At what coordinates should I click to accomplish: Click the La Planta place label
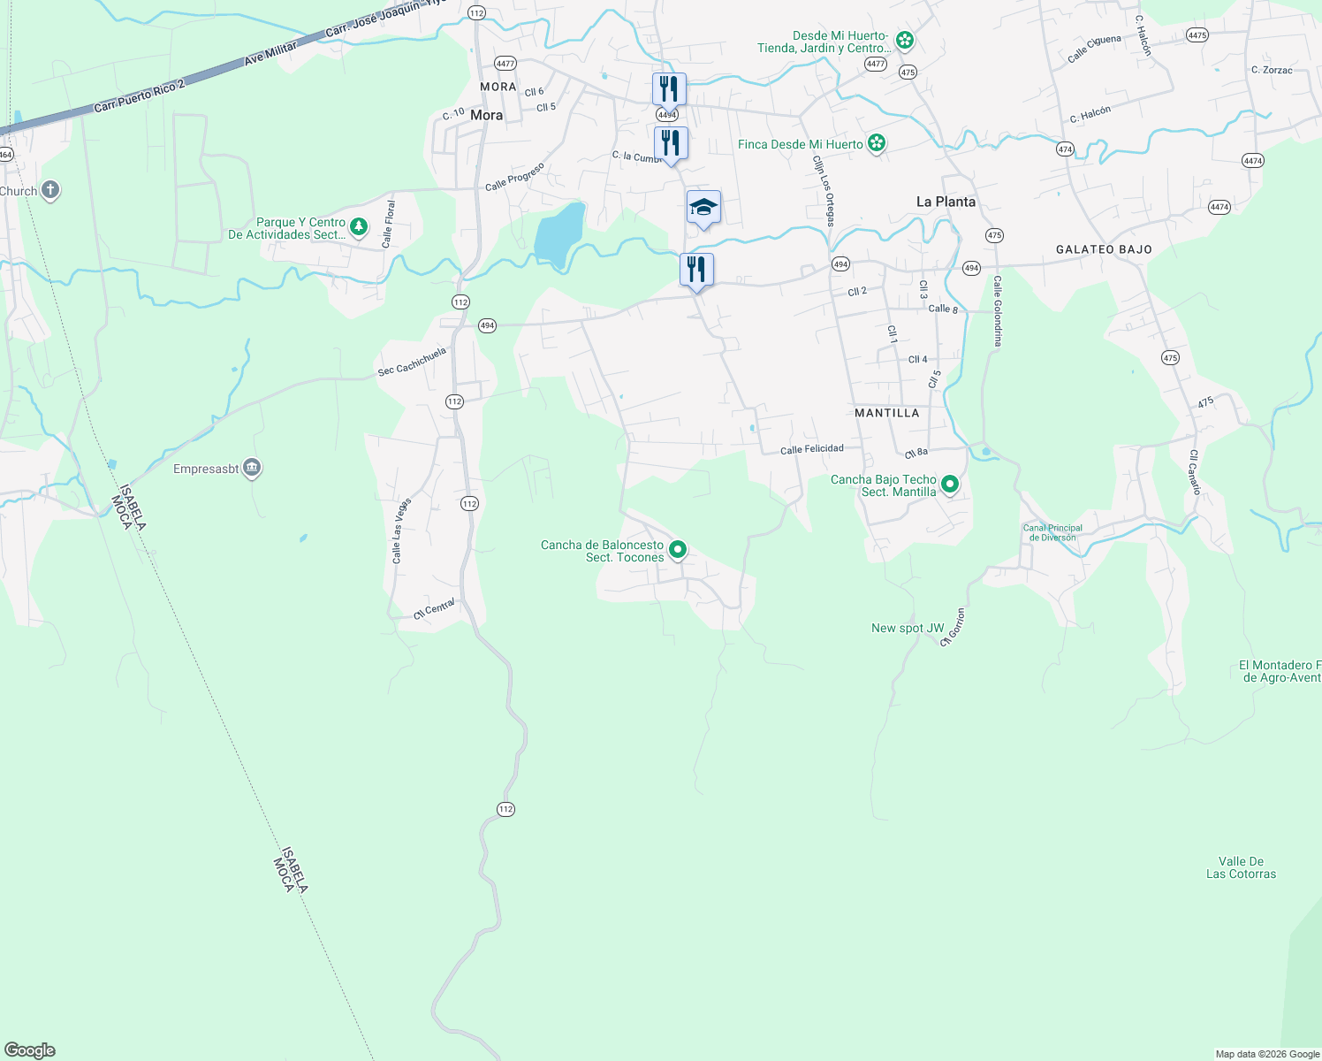pyautogui.click(x=946, y=202)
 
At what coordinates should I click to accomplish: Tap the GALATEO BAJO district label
pyautogui.click(x=1104, y=249)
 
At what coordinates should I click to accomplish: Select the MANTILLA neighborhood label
pyautogui.click(x=887, y=413)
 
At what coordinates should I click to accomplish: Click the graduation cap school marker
pyautogui.click(x=703, y=208)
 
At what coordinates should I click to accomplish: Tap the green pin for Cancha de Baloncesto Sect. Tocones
pyautogui.click(x=678, y=550)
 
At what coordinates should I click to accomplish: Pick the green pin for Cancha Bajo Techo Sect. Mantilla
pyautogui.click(x=950, y=485)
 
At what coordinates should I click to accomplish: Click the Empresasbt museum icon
pyautogui.click(x=252, y=468)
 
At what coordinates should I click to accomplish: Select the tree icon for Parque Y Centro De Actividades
pyautogui.click(x=358, y=227)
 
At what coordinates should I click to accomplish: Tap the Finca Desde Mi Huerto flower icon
pyautogui.click(x=876, y=143)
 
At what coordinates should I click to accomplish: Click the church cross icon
pyautogui.click(x=50, y=190)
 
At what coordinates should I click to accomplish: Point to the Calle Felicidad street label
pyautogui.click(x=811, y=449)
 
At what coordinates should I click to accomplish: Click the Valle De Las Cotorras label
pyautogui.click(x=1241, y=867)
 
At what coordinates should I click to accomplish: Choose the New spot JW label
pyautogui.click(x=908, y=628)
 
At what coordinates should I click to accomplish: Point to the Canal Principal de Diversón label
pyautogui.click(x=1052, y=532)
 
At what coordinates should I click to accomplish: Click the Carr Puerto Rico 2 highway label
pyautogui.click(x=140, y=95)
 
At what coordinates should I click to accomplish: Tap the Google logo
pyautogui.click(x=30, y=1050)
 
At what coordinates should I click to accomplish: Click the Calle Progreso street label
pyautogui.click(x=514, y=177)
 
